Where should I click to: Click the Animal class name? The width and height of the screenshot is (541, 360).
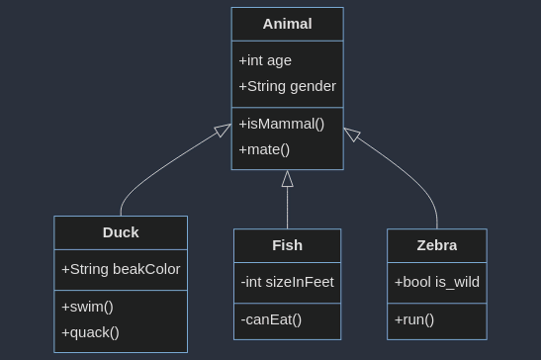(287, 24)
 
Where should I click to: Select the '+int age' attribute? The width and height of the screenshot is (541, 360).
(265, 60)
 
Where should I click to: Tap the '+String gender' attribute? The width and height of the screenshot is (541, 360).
(287, 86)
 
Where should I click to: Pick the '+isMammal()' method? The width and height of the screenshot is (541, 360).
(282, 124)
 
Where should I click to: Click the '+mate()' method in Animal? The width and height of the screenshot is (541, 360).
(264, 149)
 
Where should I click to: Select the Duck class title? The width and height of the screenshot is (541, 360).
(121, 232)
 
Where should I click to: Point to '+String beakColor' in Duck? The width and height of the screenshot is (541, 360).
(121, 269)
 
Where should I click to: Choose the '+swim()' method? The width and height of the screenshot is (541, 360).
(87, 307)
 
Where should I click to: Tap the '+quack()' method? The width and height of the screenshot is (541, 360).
(90, 332)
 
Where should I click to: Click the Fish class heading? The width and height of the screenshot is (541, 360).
(287, 245)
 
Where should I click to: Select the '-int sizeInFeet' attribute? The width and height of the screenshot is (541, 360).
(287, 282)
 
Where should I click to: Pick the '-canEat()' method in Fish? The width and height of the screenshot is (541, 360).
(271, 319)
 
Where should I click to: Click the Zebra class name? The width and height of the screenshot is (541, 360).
(436, 245)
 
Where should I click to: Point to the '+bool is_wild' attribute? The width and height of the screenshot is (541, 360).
(436, 282)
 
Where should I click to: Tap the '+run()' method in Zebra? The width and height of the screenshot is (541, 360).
(414, 319)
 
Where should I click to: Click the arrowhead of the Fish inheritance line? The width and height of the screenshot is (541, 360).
(287, 179)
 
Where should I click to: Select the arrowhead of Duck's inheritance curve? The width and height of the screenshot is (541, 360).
(224, 131)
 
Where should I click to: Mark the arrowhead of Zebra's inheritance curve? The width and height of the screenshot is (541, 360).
(351, 135)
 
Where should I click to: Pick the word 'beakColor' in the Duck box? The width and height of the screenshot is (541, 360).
(146, 269)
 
